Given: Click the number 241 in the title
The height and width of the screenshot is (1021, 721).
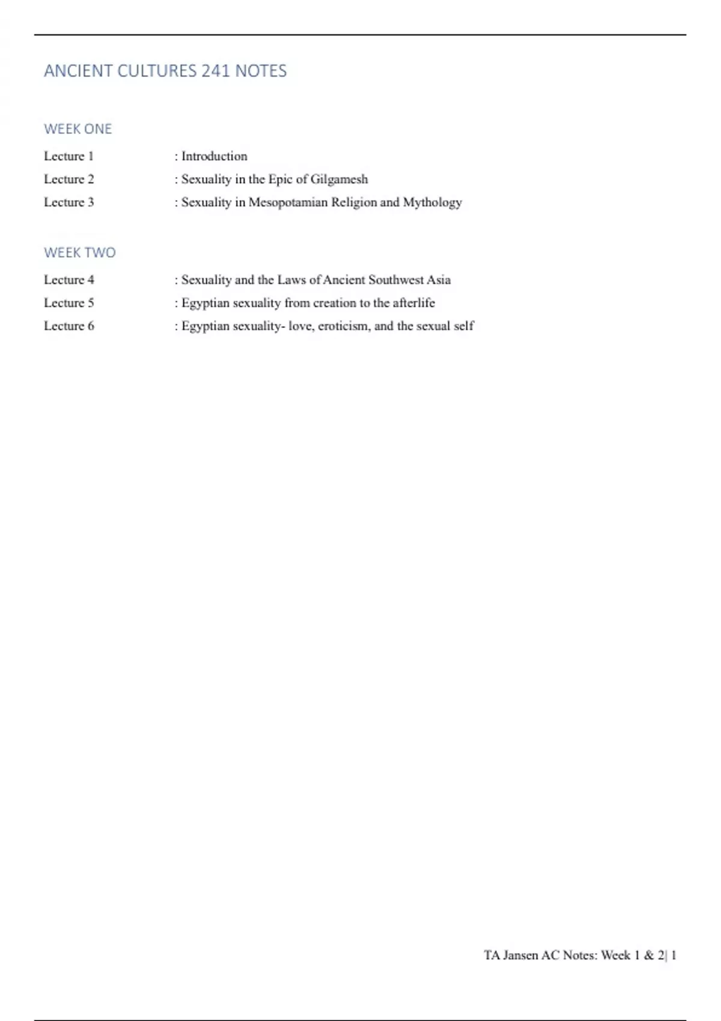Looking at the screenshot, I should click(215, 71).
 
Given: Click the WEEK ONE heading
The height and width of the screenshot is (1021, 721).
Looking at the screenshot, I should click(78, 129).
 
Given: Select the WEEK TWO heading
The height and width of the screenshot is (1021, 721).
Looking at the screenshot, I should click(79, 253).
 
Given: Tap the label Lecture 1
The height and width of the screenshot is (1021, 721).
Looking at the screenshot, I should click(68, 156).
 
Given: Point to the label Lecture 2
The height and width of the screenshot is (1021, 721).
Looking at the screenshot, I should click(68, 179).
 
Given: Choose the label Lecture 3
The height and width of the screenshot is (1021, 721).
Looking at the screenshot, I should click(68, 202).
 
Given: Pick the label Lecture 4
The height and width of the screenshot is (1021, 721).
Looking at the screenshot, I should click(68, 280).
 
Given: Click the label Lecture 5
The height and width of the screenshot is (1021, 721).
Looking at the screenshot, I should click(68, 303).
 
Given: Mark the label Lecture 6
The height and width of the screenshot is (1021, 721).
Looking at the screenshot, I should click(68, 326).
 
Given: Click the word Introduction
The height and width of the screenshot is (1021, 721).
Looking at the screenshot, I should click(214, 156).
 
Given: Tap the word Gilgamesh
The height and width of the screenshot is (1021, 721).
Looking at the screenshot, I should click(339, 180).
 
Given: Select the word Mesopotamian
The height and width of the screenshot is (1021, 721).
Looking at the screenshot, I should click(288, 202).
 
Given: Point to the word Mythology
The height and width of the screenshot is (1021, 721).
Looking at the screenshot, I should click(432, 203).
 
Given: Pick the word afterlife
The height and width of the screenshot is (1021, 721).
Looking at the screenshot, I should click(413, 303).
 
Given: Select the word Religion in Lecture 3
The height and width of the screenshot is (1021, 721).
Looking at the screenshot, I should click(354, 203).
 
